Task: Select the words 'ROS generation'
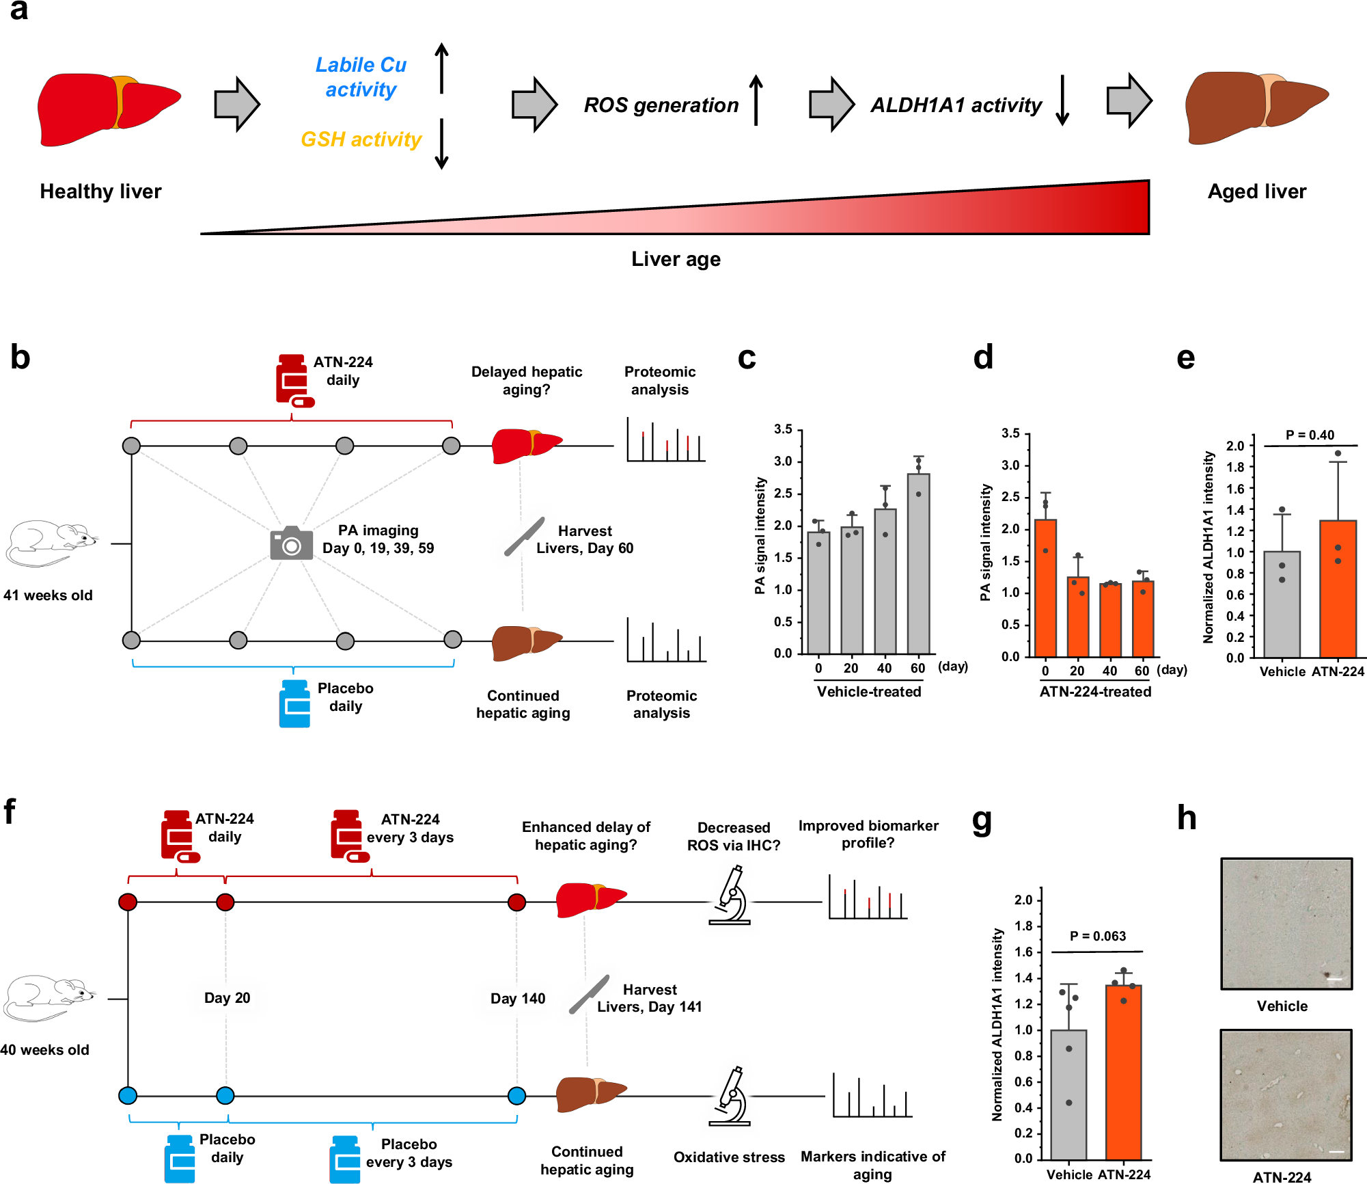coord(661,105)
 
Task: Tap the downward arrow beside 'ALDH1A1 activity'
coord(1062,101)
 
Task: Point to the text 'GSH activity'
coord(361,139)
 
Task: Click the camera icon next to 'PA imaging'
coord(291,543)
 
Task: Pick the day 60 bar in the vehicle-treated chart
coord(918,563)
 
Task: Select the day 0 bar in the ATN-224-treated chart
coord(1045,588)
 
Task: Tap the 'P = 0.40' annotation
coord(1310,435)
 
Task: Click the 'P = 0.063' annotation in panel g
coord(1097,937)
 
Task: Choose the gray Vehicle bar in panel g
coord(1068,1094)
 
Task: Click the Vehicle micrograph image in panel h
coord(1286,924)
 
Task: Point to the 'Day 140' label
coord(518,999)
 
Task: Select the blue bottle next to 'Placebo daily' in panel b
coord(294,703)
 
